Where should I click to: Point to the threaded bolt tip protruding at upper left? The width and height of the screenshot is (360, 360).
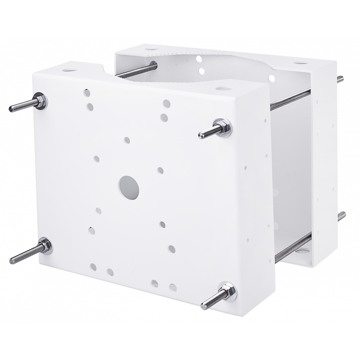point(18,108)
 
